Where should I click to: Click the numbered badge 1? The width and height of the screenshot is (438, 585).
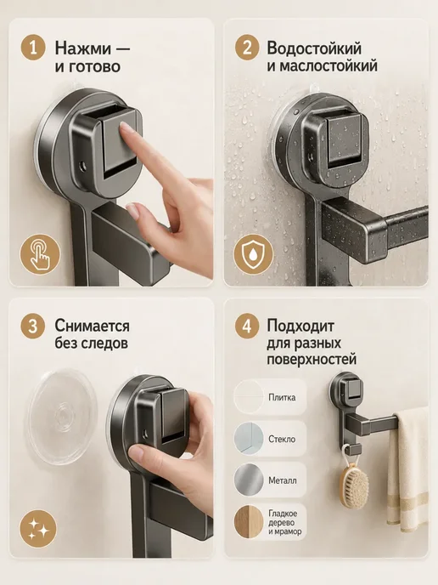[x=33, y=48]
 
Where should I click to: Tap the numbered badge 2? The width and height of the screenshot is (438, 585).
[x=247, y=48]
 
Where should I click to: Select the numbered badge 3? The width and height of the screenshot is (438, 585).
[x=33, y=326]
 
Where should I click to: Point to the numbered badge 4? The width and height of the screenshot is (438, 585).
[x=247, y=326]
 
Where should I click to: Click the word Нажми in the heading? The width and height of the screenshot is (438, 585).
[x=82, y=48]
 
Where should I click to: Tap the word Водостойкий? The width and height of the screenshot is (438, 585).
[x=314, y=48]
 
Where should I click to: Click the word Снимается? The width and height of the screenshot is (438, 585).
[x=92, y=326]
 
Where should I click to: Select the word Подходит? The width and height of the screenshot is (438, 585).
[x=300, y=326]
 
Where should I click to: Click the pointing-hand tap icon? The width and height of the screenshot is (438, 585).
[x=40, y=254]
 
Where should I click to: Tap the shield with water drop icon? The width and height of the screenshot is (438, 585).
[x=254, y=254]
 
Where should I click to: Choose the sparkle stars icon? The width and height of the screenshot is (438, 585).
[x=38, y=529]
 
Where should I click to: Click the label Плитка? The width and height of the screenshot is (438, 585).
[x=282, y=397]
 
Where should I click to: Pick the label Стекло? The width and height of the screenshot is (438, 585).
[x=282, y=439]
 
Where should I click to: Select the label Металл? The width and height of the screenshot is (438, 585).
[x=283, y=480]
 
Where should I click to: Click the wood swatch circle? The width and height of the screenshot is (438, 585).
[x=249, y=521]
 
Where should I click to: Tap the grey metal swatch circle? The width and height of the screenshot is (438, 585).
[x=249, y=480]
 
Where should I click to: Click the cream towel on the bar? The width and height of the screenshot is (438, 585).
[x=408, y=469]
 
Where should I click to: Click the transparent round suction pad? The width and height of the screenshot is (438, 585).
[x=62, y=417]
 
